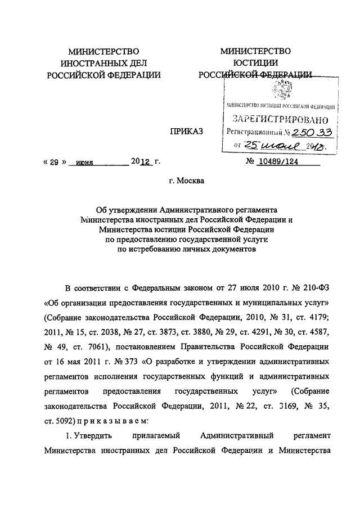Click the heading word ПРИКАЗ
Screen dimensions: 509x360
tap(184, 132)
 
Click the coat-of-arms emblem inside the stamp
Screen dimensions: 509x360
tap(280, 90)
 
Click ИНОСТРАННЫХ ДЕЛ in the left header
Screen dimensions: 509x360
tap(104, 63)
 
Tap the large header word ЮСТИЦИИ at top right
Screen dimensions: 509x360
tap(256, 63)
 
